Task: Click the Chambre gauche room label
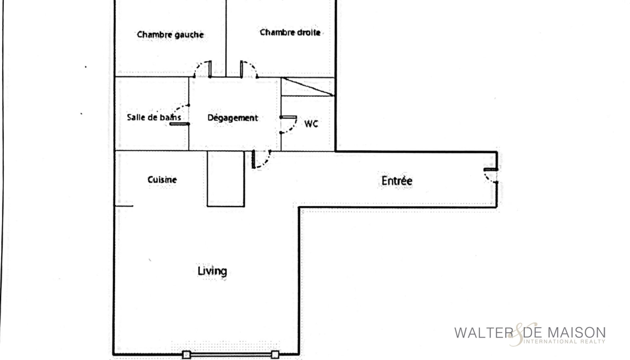[170, 35]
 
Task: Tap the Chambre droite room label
[290, 32]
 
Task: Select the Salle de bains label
[153, 117]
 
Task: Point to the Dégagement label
[233, 118]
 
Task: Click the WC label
[311, 124]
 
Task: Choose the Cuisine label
[162, 180]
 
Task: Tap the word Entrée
[397, 180]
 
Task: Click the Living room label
[212, 271]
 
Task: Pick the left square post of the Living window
[186, 355]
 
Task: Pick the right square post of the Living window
[275, 355]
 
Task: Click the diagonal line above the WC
[308, 86]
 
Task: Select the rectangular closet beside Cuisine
[226, 179]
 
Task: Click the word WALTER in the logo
[484, 333]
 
